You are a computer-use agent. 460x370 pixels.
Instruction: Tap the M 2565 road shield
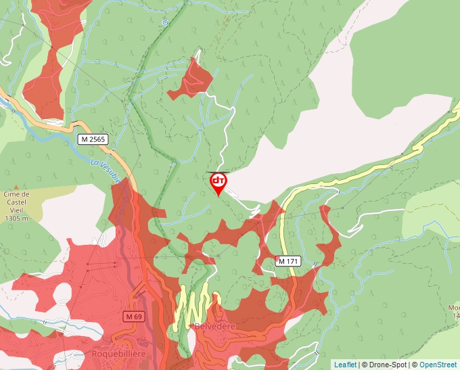[x=92, y=139]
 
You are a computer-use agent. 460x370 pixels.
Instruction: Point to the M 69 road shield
[x=134, y=317]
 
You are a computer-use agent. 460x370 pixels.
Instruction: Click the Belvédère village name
[x=214, y=327]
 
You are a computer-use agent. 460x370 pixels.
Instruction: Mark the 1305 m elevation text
[x=15, y=218]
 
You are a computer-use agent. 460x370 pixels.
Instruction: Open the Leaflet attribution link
[x=345, y=365]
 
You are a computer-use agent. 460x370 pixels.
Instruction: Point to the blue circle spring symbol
[x=164, y=22]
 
